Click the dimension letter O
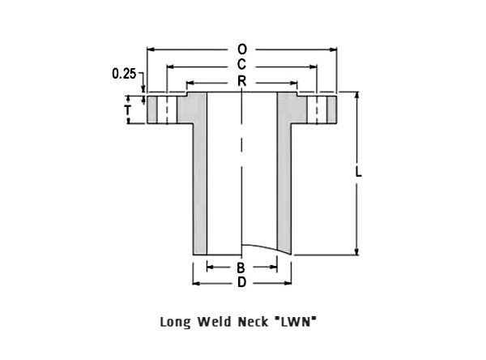242,49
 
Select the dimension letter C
241,65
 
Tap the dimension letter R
241,81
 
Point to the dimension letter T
127,110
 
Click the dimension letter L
358,172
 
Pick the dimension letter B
241,268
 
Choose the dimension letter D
241,282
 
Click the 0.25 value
124,74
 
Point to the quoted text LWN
296,322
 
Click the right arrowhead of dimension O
334,49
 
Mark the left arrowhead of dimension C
170,66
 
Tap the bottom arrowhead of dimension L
356,251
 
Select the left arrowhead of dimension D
196,283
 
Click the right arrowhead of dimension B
274,267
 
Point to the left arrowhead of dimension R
190,83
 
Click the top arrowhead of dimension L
356,96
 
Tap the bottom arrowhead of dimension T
128,121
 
